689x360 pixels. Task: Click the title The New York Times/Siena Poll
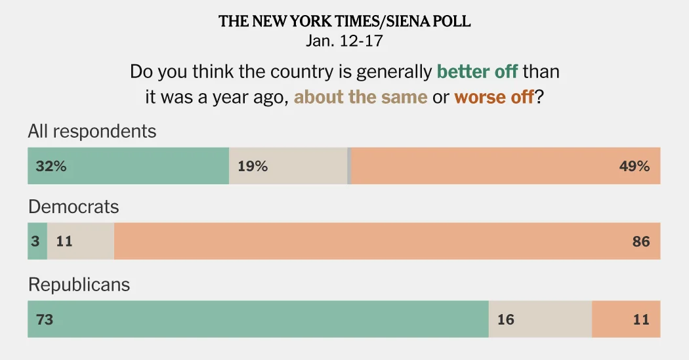[x=344, y=22]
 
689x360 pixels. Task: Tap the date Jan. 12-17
[x=344, y=41]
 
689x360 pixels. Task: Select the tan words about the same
[x=360, y=98]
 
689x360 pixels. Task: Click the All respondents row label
[x=92, y=131]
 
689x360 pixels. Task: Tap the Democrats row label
[x=73, y=207]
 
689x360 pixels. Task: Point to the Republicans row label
[x=79, y=285]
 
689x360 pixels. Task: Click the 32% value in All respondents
[x=51, y=167]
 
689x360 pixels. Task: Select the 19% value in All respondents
[x=253, y=167]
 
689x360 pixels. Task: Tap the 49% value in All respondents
[x=634, y=167]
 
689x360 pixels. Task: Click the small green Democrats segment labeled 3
[x=37, y=241]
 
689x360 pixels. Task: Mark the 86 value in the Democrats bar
[x=640, y=241]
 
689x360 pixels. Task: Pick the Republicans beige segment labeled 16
[x=506, y=319]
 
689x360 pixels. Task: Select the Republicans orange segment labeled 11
[x=640, y=319]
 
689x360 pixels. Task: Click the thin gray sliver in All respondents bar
[x=349, y=166]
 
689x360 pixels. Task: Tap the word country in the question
[x=275, y=71]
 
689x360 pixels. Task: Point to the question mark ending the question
[x=539, y=98]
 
